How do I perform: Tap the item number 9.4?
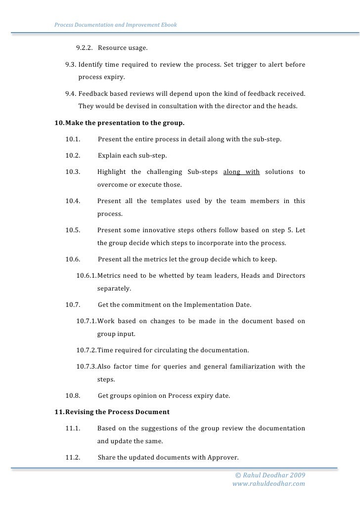click(71, 94)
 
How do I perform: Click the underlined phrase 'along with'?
click(241, 172)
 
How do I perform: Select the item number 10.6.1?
click(87, 275)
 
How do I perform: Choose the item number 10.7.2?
click(87, 350)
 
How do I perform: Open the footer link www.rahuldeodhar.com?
click(269, 484)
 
